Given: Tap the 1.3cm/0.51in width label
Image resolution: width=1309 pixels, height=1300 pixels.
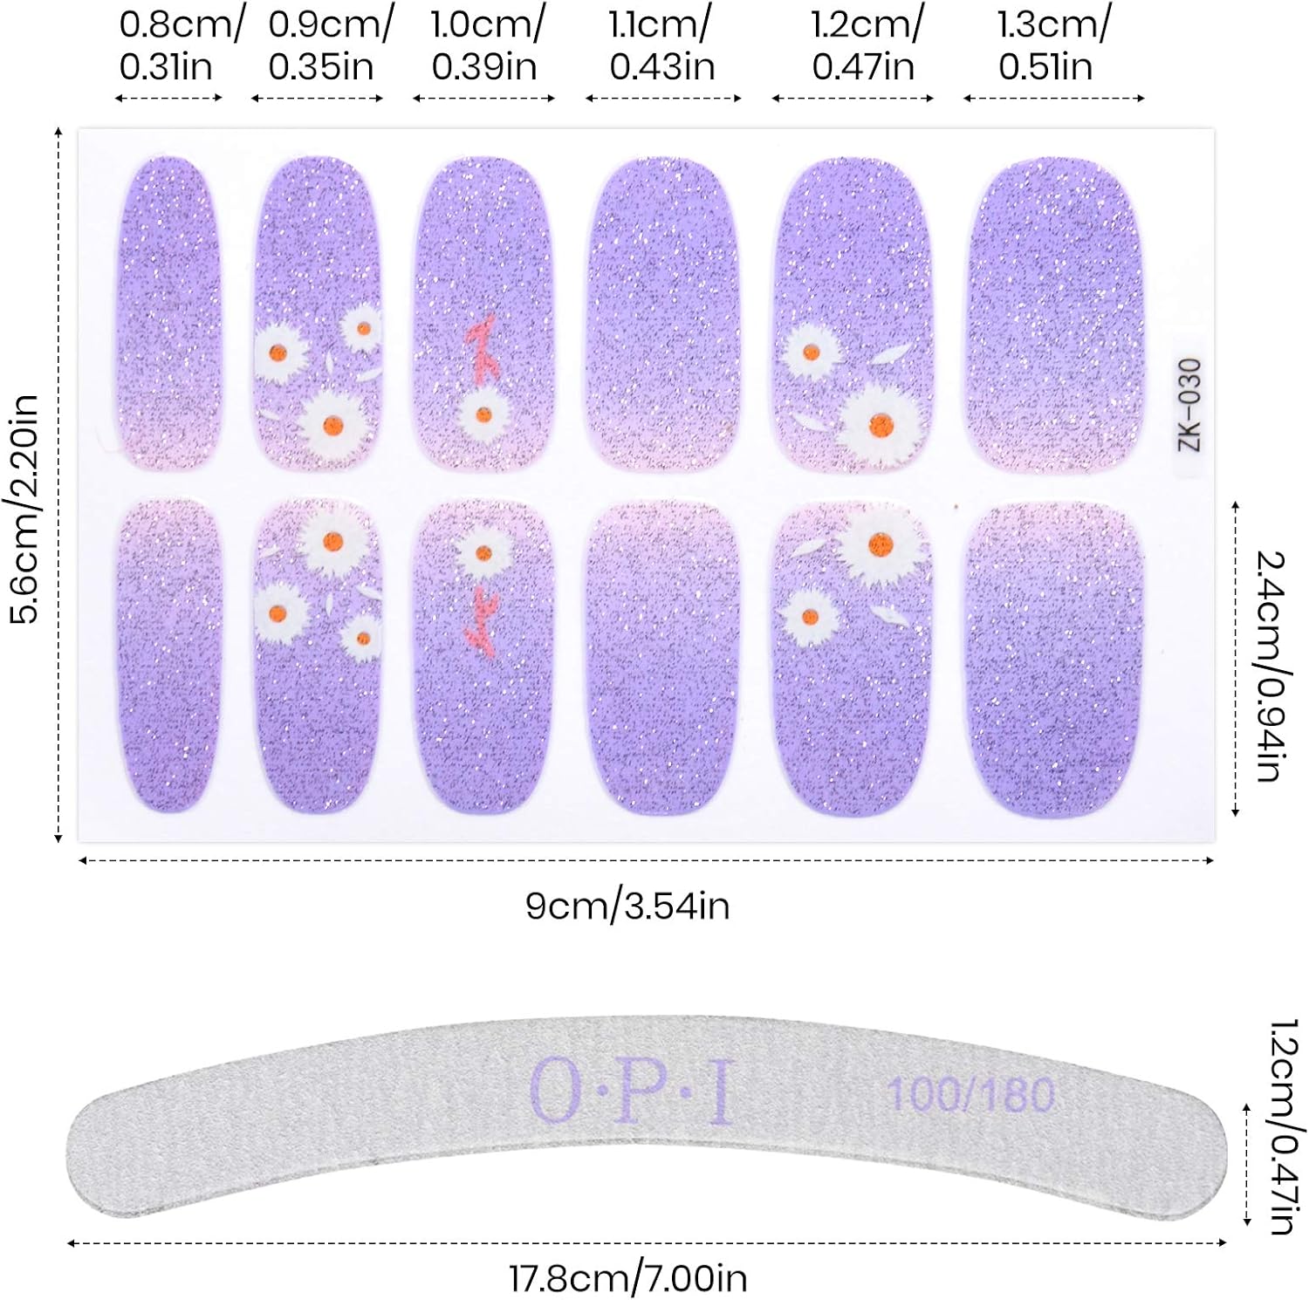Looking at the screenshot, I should [1052, 45].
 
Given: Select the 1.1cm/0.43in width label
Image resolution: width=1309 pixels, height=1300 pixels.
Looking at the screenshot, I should [661, 45].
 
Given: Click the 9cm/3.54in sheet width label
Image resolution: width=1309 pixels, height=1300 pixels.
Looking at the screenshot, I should [627, 906].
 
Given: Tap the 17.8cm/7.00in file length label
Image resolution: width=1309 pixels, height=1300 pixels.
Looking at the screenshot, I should [627, 1278].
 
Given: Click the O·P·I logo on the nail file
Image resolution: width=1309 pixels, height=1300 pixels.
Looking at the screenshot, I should [631, 1091].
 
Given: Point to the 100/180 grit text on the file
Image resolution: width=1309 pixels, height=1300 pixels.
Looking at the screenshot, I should [970, 1094].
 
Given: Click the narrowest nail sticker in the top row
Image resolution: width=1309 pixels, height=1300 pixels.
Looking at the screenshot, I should [168, 314].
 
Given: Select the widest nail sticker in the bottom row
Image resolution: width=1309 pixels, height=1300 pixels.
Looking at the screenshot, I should [1054, 660].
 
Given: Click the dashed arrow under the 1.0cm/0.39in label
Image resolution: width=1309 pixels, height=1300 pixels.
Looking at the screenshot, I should [484, 98].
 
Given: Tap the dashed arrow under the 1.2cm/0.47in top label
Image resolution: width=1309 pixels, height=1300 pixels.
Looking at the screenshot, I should [853, 98].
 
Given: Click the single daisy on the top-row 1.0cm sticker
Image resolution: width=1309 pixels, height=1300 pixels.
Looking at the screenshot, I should [483, 415].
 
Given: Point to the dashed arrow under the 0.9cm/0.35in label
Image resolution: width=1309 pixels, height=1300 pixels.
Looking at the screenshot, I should [318, 98].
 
